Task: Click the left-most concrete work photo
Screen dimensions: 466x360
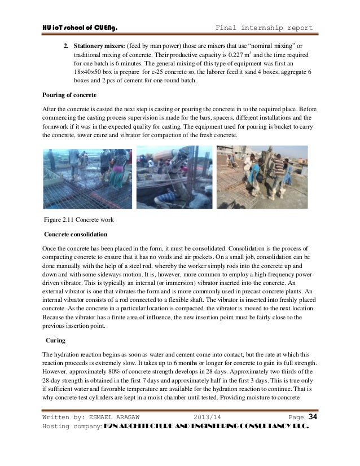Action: click(x=87, y=177)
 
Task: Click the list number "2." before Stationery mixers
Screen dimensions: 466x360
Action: click(x=65, y=45)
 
